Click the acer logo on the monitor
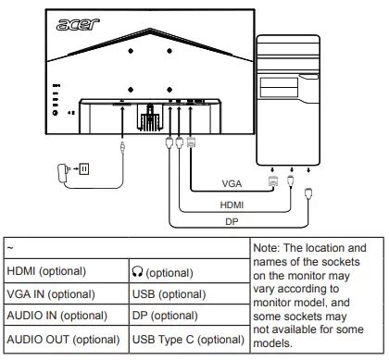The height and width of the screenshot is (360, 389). [x=78, y=24]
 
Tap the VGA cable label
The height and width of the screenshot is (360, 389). [x=232, y=183]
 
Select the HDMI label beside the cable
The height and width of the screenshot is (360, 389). [x=232, y=205]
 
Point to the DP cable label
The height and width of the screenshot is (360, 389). [x=232, y=221]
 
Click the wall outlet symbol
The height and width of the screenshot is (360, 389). [x=84, y=168]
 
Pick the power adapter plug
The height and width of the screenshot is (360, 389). [x=62, y=173]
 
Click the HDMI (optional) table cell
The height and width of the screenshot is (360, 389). [x=46, y=271]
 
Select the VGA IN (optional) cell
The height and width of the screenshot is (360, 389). [x=51, y=294]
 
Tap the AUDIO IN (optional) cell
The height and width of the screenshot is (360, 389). [x=57, y=316]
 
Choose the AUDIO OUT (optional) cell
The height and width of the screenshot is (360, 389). [x=63, y=340]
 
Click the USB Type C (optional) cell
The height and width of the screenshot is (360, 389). [x=188, y=340]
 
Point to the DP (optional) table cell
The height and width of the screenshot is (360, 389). [x=165, y=316]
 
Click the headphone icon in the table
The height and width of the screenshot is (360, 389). [x=137, y=271]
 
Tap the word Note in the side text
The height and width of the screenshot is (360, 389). [x=265, y=248]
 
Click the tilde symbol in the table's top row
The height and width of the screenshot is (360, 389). [x=10, y=248]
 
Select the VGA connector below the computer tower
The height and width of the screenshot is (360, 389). [x=273, y=180]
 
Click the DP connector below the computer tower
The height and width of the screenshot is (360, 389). [x=308, y=193]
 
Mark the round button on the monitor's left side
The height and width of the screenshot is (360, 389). [x=56, y=113]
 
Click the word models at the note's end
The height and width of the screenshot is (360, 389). [x=272, y=342]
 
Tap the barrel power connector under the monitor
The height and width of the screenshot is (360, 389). [x=122, y=148]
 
